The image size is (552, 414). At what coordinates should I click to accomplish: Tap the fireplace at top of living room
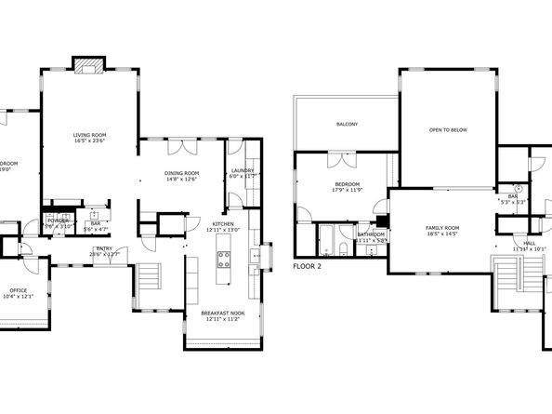pos(88,65)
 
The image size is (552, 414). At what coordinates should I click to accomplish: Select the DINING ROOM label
pos(181,172)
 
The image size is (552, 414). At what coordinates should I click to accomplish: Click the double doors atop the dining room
pos(181,147)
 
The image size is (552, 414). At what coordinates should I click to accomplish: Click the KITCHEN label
pos(223,224)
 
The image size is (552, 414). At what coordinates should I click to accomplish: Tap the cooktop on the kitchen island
pos(223,259)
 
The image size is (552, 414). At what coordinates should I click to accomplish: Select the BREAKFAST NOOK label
pos(222,314)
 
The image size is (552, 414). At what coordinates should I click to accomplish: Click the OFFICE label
pos(19,290)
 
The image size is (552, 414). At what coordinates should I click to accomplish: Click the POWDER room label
pos(55,220)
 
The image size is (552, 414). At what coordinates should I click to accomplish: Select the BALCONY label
pos(347,124)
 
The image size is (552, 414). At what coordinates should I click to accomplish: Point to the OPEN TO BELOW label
pos(448,129)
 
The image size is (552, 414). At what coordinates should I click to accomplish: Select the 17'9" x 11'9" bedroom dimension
pos(346,192)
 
